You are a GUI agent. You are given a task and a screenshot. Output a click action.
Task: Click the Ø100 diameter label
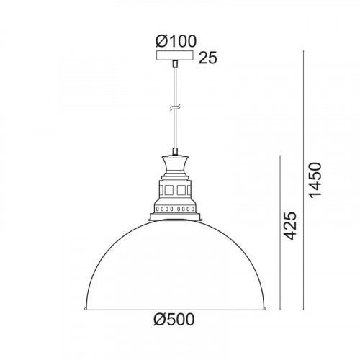[176, 41]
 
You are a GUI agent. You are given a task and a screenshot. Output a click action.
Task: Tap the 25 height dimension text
[208, 58]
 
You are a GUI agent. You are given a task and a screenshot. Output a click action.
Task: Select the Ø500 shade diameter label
[174, 320]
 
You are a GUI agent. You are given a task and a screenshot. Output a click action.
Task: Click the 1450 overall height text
[315, 181]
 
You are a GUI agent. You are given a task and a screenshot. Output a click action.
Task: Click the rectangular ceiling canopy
[175, 55]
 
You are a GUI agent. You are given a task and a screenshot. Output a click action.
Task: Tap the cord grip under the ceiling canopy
[175, 63]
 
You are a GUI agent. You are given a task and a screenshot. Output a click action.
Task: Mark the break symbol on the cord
[175, 108]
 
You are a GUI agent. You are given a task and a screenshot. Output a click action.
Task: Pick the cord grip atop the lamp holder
[175, 152]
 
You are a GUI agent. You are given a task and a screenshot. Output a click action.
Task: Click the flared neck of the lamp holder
[175, 166]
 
